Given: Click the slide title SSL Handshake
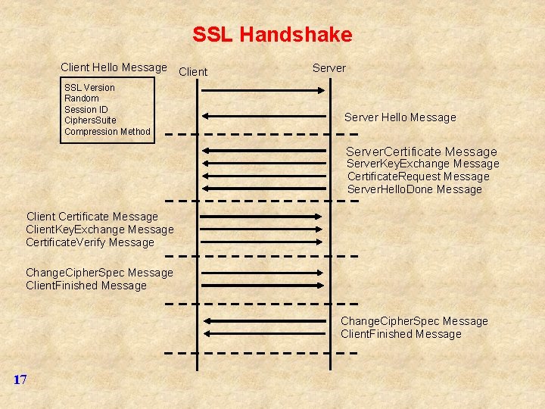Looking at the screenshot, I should (272, 35).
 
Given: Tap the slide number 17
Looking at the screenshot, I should (20, 379).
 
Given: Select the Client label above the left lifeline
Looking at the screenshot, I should (193, 72).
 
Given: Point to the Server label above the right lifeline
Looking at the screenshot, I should (329, 68).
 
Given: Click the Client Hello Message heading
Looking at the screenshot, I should (114, 68).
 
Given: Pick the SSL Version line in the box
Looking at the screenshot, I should (89, 88).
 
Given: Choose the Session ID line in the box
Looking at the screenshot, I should (86, 110).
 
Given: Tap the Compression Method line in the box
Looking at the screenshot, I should (107, 132).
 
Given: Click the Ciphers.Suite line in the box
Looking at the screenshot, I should (92, 120).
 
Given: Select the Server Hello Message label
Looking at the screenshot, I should (400, 117).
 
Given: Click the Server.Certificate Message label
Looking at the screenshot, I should (422, 151).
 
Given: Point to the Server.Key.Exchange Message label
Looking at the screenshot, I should (423, 164).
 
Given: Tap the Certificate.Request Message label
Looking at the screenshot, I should (419, 176).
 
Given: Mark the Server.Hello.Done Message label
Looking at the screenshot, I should (415, 189).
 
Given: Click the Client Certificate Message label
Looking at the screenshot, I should (92, 217).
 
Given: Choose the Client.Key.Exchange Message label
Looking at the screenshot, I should (100, 229).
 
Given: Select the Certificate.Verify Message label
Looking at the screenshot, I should (90, 242).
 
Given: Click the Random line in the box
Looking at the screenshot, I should (82, 98).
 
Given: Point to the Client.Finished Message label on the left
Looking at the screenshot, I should (86, 286).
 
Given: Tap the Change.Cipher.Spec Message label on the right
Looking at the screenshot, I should (414, 321).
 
